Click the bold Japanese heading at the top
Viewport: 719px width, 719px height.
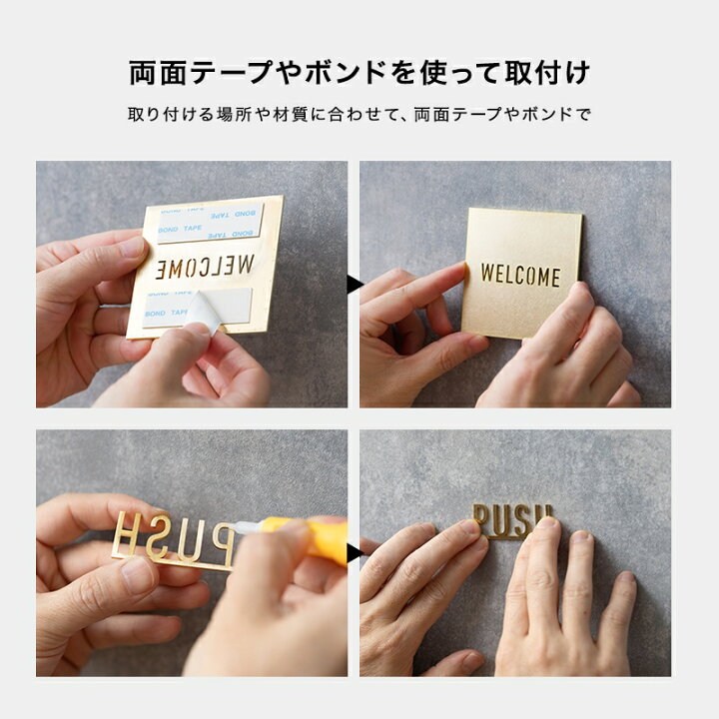tap(359, 73)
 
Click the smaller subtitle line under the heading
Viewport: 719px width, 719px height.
tap(359, 114)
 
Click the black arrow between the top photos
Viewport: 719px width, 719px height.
tap(355, 285)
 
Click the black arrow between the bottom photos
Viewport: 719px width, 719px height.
tap(355, 552)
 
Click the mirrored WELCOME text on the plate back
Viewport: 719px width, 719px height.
tap(206, 267)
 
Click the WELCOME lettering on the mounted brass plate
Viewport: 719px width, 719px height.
tap(520, 275)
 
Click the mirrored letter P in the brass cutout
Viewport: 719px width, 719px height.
tap(218, 539)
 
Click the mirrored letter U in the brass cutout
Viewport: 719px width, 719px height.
tap(187, 539)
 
